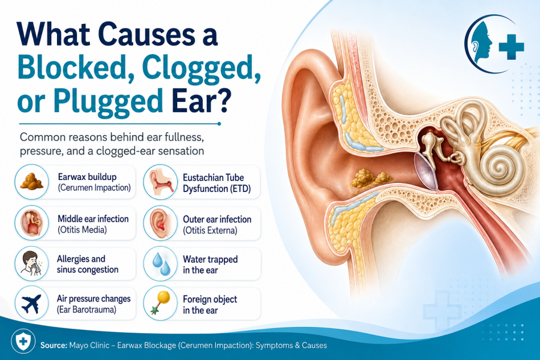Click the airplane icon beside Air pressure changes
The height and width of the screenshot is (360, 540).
point(31,304)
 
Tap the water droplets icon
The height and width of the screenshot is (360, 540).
point(161,264)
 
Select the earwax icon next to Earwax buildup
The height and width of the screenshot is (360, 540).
point(32,182)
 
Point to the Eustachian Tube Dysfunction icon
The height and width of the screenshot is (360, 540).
point(160,182)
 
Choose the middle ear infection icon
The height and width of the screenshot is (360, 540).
point(32,223)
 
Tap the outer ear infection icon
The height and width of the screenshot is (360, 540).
point(160,223)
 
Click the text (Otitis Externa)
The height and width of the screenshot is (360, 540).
point(210,231)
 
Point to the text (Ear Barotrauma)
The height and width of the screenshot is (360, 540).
point(87,310)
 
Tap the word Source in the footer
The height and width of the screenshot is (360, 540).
point(54,345)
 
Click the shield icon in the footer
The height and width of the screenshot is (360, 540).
point(23,342)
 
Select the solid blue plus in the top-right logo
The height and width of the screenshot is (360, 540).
point(512,47)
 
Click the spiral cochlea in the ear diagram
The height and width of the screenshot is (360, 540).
point(497,167)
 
